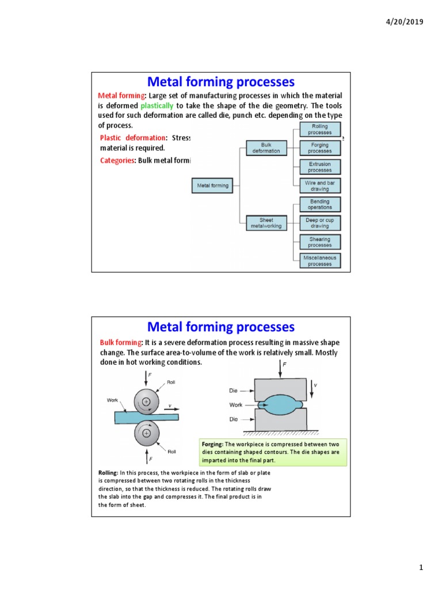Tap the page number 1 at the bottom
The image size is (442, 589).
tap(421, 568)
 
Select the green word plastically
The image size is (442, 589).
tap(157, 106)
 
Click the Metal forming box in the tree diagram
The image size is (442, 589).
tap(213, 186)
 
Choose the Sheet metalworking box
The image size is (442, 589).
tap(266, 223)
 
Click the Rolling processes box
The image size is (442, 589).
tap(320, 129)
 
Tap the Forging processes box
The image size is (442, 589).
tap(320, 148)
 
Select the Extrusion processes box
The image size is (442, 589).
tap(320, 167)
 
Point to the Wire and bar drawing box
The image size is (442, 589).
tap(320, 186)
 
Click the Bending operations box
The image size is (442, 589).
tap(320, 204)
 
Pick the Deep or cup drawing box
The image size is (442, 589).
tap(320, 223)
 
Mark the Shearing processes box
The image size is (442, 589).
tap(320, 242)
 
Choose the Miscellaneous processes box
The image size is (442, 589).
tap(320, 261)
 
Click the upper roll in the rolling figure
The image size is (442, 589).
tap(146, 401)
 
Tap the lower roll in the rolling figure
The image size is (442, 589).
tap(146, 434)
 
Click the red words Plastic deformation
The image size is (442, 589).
tap(132, 138)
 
